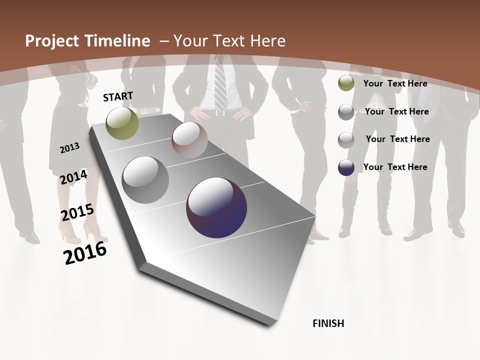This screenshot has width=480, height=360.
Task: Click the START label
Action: tap(118, 96)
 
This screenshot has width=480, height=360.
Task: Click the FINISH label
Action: tap(328, 323)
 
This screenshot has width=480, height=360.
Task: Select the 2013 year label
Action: tap(70, 147)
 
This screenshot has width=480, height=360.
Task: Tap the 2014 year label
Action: tap(74, 177)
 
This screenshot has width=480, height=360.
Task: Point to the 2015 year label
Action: tap(77, 212)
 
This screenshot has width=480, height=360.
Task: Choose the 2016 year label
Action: tap(85, 252)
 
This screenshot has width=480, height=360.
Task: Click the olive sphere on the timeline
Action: tap(122, 123)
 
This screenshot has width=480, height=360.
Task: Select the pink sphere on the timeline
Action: tap(189, 139)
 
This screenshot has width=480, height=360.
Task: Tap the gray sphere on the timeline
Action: tap(145, 180)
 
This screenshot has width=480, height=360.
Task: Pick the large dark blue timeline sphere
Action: tap(216, 207)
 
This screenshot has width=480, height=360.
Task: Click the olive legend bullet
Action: tap(346, 83)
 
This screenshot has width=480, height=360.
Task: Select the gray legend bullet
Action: tap(346, 111)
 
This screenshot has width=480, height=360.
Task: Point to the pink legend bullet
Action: tap(346, 139)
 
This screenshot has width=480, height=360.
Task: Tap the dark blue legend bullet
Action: tap(346, 167)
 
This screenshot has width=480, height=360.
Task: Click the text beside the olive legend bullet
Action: tap(395, 83)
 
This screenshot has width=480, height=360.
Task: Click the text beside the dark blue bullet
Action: tap(395, 167)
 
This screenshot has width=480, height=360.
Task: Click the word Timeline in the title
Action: tap(118, 41)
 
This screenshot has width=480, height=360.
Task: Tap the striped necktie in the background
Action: tap(220, 85)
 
